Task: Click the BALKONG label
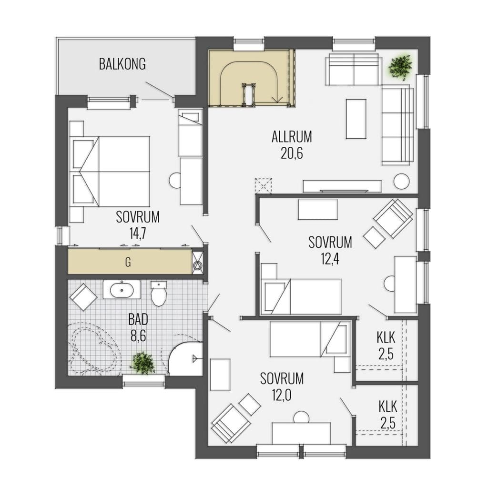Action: click(x=122, y=64)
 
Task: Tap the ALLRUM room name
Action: click(x=292, y=137)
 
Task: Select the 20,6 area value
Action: click(x=292, y=153)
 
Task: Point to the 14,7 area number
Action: click(x=138, y=234)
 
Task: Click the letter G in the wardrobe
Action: click(x=128, y=263)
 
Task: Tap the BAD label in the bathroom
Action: click(x=138, y=319)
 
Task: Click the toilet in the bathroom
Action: click(x=159, y=294)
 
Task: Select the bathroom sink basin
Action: click(x=122, y=290)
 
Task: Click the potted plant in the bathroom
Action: click(x=143, y=363)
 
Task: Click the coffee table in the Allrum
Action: click(x=356, y=119)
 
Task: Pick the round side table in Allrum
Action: click(x=401, y=181)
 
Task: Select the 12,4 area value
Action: click(x=330, y=259)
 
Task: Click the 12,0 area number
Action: click(x=282, y=395)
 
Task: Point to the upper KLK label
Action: click(x=386, y=337)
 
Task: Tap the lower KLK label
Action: click(x=388, y=407)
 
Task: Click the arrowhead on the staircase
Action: click(x=277, y=100)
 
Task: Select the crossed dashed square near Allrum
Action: click(x=263, y=186)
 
